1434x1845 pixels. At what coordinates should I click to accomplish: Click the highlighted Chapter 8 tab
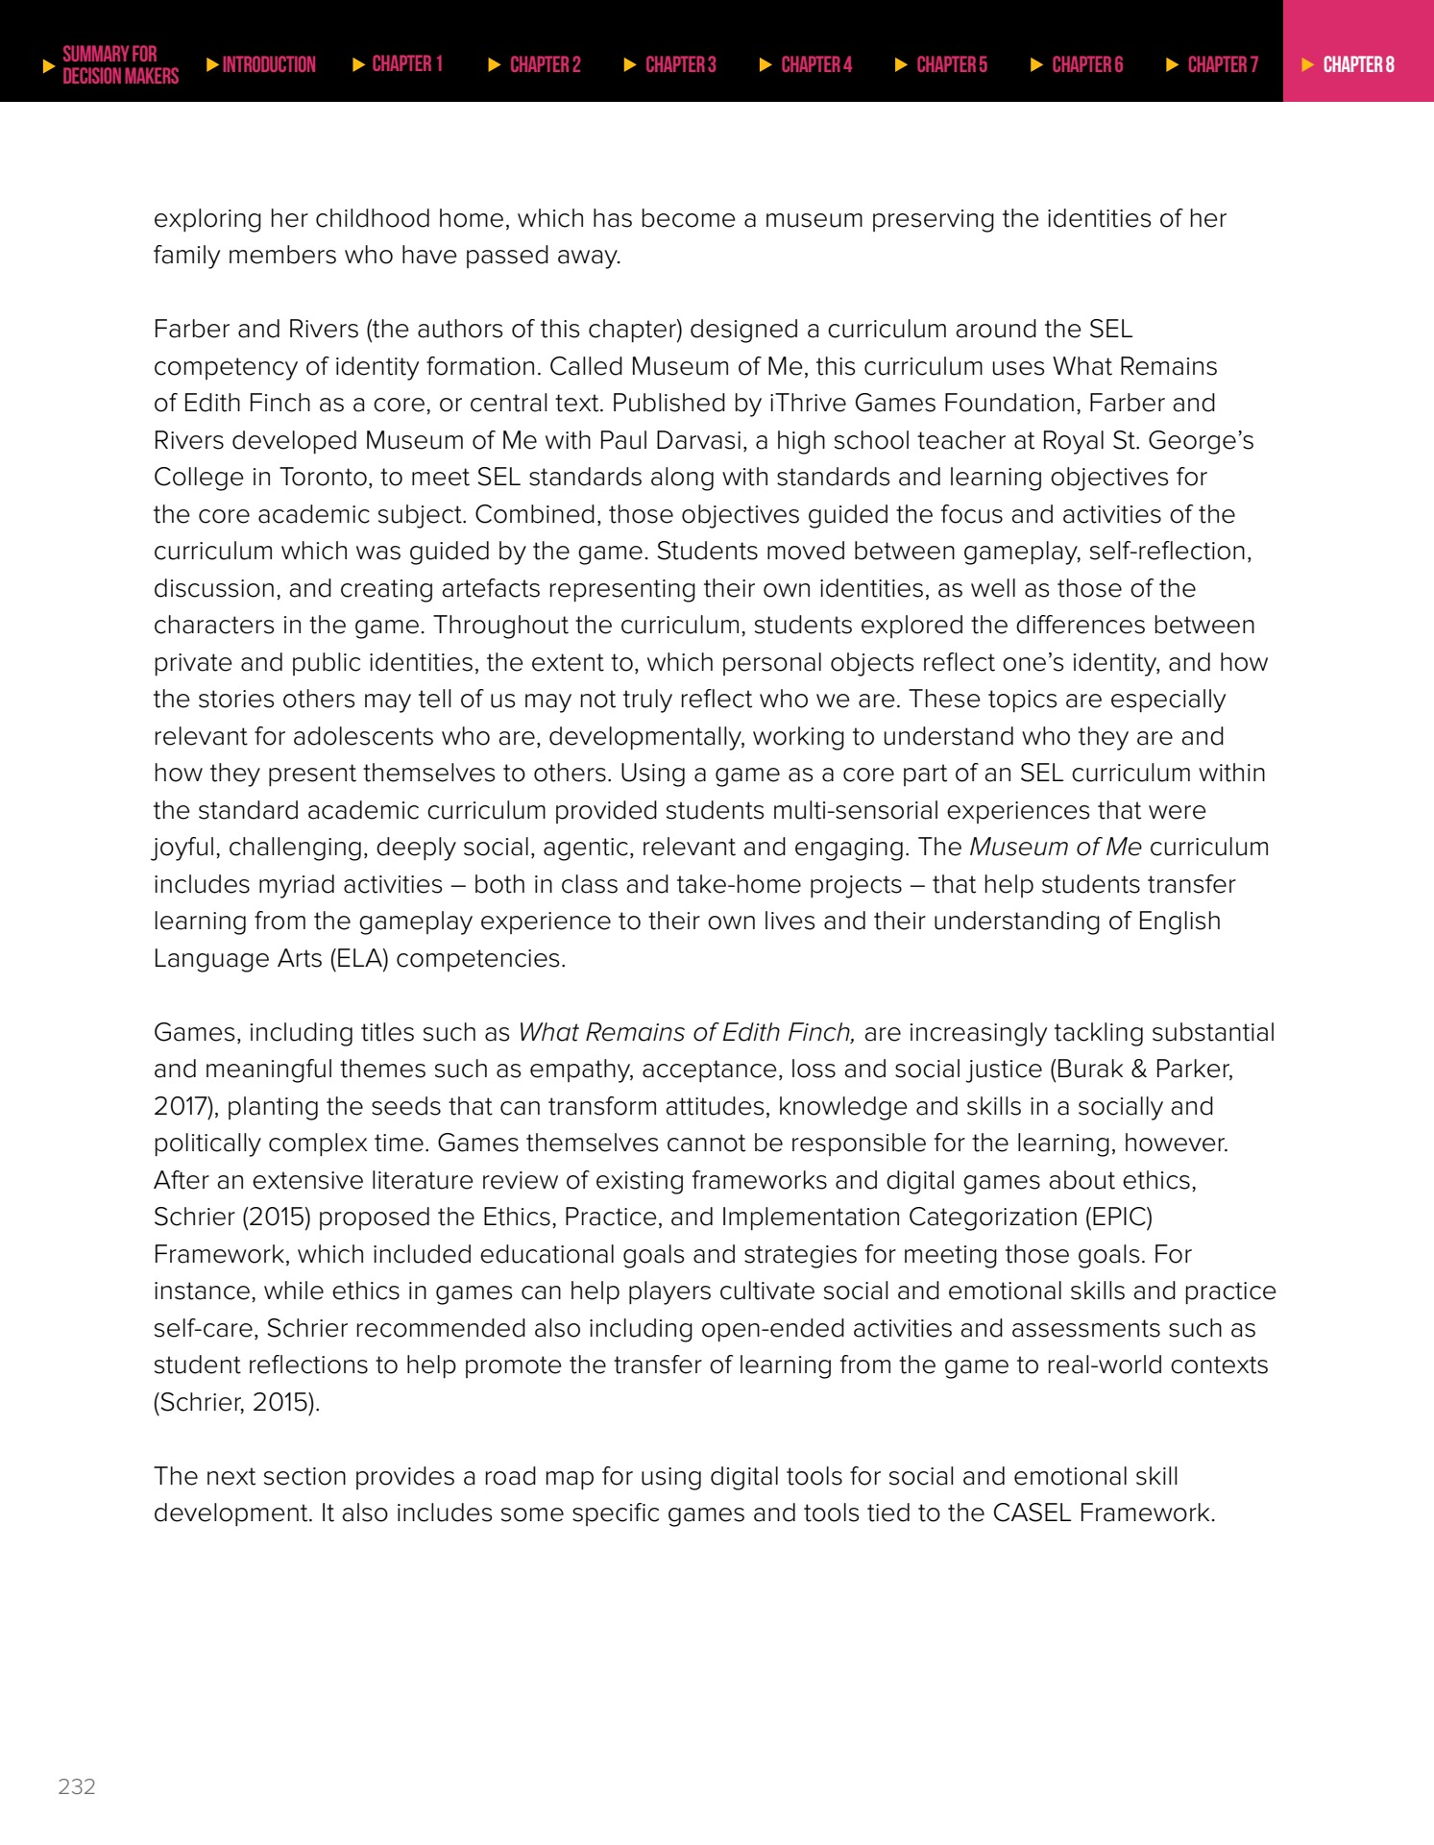click(x=1358, y=64)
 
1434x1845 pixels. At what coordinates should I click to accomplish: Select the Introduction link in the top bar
click(x=268, y=64)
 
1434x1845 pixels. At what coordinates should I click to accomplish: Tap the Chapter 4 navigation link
click(x=815, y=64)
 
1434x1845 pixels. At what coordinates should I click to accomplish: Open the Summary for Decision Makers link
click(x=120, y=64)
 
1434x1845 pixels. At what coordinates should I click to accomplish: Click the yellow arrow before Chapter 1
click(x=358, y=64)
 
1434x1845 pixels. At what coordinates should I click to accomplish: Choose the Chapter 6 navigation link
click(x=1086, y=64)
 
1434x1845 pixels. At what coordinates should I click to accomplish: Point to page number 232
click(x=77, y=1786)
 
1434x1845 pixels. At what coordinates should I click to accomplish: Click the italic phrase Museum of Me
click(x=1055, y=847)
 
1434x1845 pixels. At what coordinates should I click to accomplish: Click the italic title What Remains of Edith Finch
click(x=686, y=1032)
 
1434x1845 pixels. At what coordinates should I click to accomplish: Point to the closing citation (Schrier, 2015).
click(x=236, y=1402)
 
